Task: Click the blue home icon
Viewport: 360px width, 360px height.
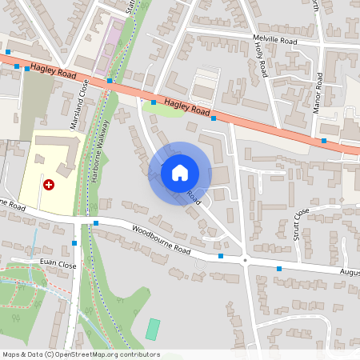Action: (x=179, y=172)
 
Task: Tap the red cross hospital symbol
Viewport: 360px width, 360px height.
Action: (x=49, y=185)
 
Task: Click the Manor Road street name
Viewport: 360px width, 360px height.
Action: (x=318, y=92)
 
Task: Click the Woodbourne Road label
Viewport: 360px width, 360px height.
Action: (x=162, y=239)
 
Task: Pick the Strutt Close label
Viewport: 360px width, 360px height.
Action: (x=301, y=224)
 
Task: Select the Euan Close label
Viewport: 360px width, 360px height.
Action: (x=58, y=263)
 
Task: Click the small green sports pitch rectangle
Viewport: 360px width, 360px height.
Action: (x=153, y=328)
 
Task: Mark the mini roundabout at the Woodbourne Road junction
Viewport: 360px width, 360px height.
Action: (x=245, y=261)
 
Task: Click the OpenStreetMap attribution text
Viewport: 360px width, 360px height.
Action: (x=80, y=354)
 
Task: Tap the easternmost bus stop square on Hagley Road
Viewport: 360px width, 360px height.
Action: (x=323, y=141)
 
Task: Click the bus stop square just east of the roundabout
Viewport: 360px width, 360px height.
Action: (x=278, y=269)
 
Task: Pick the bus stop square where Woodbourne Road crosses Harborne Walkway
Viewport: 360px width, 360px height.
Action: (x=95, y=223)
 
